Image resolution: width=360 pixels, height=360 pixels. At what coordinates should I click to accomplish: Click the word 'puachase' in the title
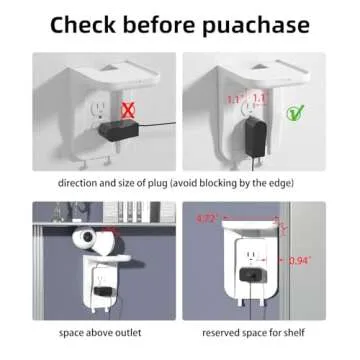coord(261,23)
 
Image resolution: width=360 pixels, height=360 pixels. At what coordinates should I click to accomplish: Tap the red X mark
coord(126,107)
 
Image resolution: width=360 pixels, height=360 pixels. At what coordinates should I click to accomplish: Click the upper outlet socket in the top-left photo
coord(101,105)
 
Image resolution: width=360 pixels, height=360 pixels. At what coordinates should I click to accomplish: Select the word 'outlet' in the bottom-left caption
coord(133,333)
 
